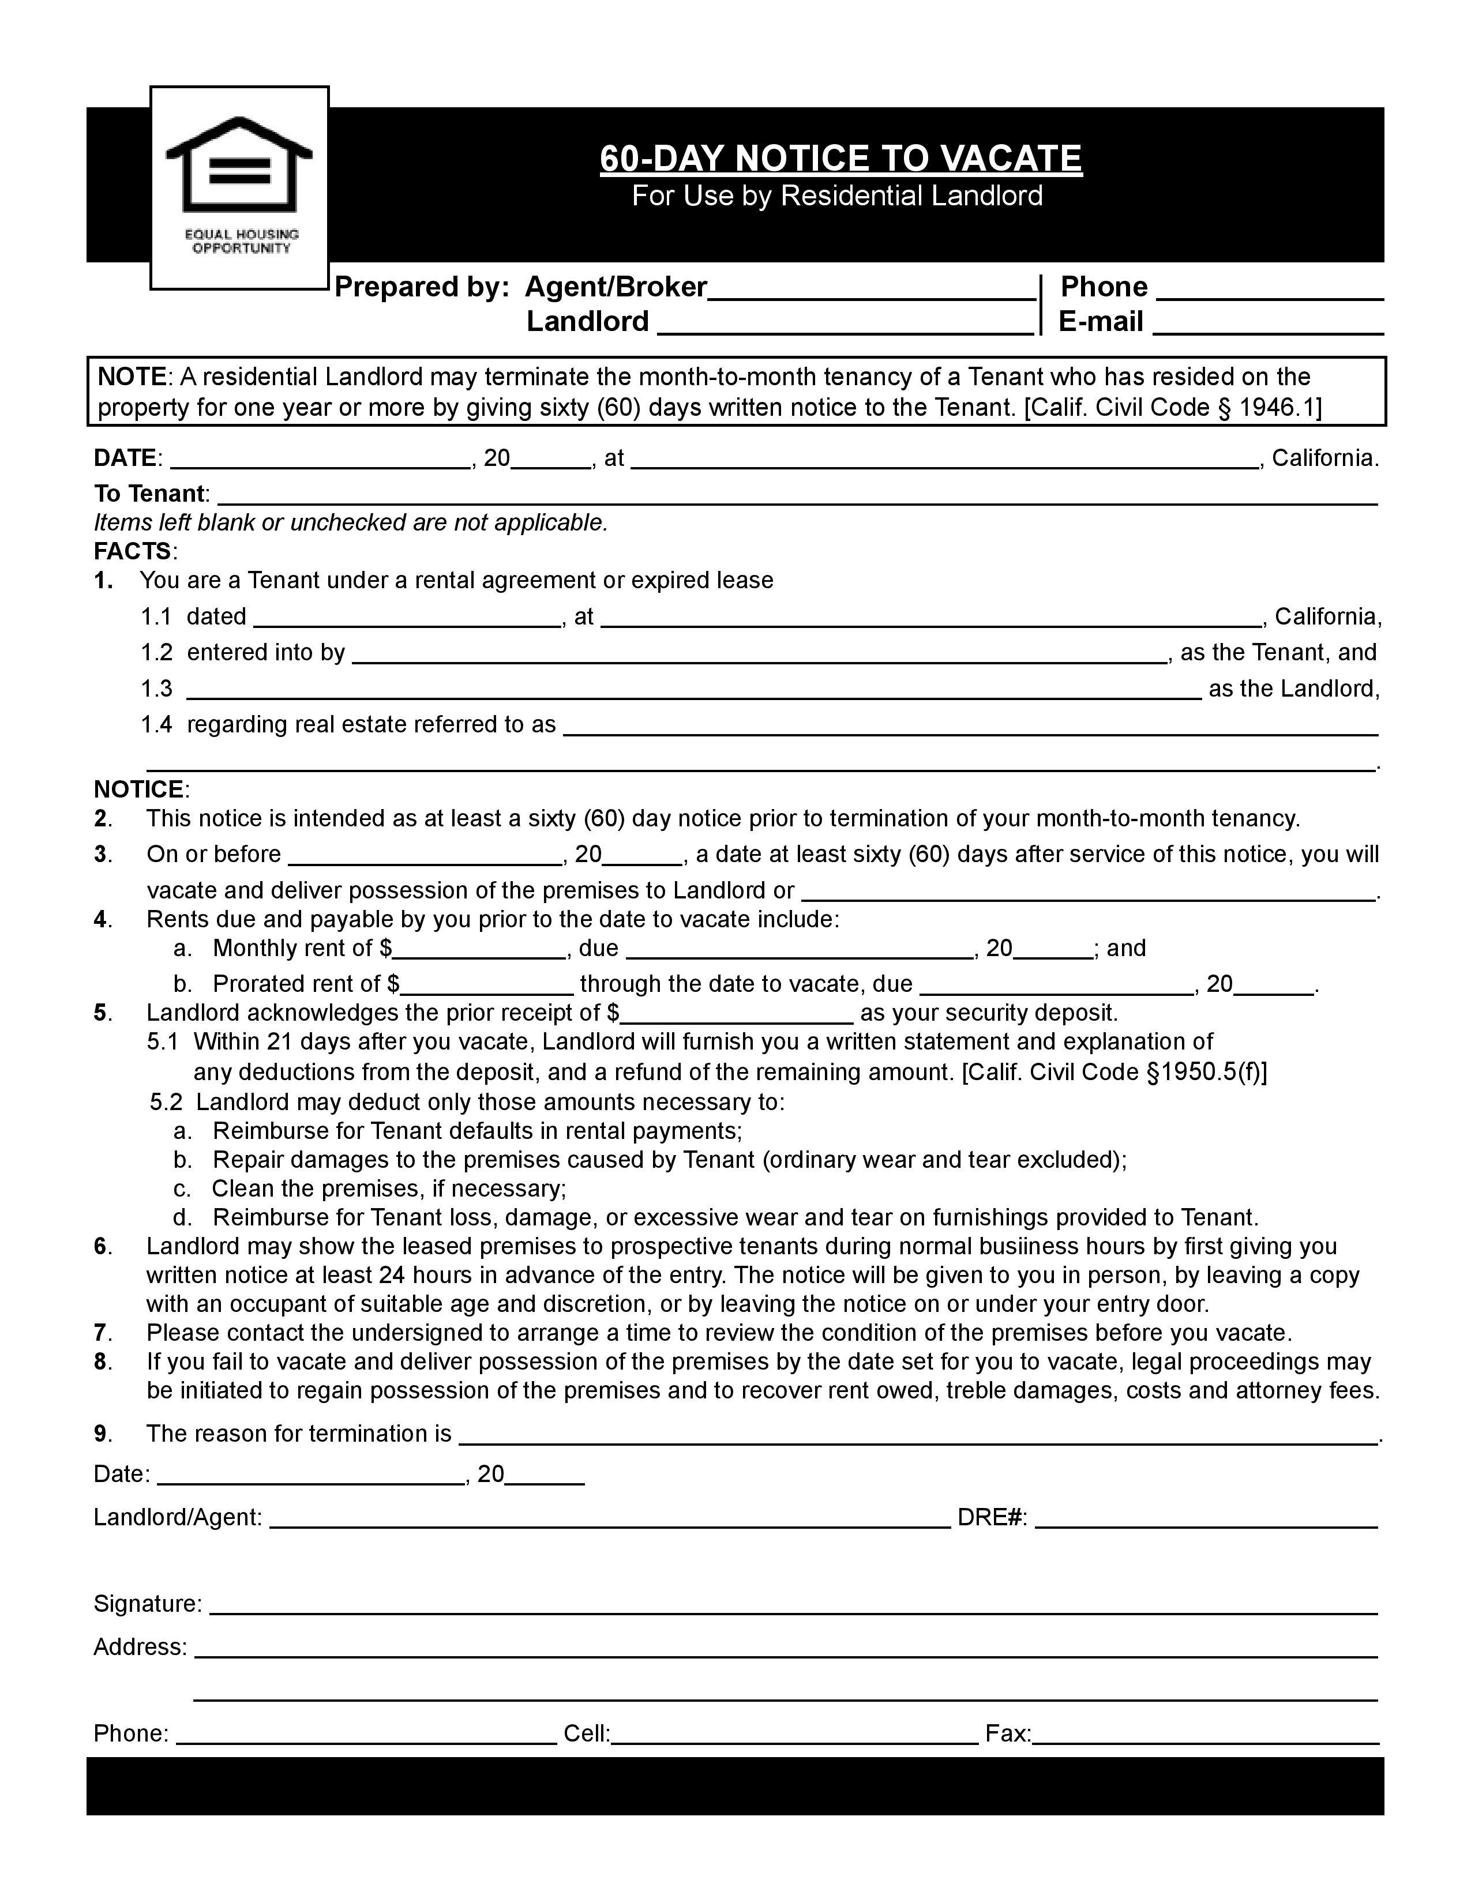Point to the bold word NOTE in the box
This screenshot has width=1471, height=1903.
(131, 377)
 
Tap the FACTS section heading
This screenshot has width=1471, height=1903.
(133, 551)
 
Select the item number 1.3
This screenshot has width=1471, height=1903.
(157, 689)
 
